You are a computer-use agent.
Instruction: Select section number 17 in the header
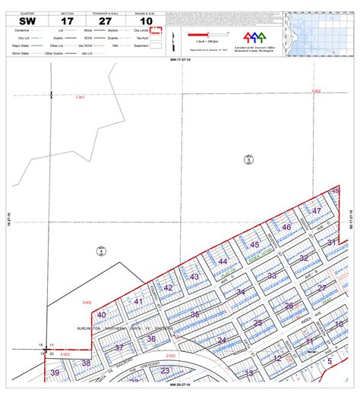coord(67,21)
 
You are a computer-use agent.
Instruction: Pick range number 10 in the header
coord(147,21)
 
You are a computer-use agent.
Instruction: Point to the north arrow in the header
coord(174,38)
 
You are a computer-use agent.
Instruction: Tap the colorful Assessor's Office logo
coord(255,36)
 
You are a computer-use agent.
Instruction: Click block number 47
coord(317,210)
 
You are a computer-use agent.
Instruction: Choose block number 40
coord(102,315)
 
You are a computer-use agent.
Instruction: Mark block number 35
coord(195,314)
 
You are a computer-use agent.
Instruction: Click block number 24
coord(222,341)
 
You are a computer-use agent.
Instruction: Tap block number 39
coord(55,372)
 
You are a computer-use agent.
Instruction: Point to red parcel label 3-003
coord(86,303)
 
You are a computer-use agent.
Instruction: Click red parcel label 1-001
coord(81,97)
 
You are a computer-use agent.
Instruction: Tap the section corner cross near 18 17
coord(46,349)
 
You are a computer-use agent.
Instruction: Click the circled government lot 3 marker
coord(248,159)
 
